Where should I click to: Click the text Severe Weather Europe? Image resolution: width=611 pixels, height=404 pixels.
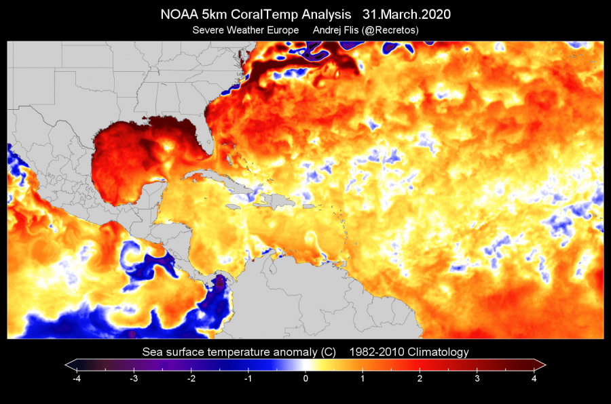pyautogui.click(x=245, y=31)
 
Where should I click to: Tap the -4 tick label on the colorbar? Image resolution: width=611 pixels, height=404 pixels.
pyautogui.click(x=76, y=379)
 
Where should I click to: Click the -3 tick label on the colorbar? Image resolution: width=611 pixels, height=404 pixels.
pyautogui.click(x=133, y=379)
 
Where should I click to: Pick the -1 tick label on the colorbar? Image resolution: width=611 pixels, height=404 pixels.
pyautogui.click(x=248, y=379)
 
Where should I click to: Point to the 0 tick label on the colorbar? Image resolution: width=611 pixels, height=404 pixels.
pyautogui.click(x=305, y=379)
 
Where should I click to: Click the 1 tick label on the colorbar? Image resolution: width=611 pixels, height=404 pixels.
pyautogui.click(x=363, y=379)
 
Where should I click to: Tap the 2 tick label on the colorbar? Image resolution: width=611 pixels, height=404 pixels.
pyautogui.click(x=420, y=379)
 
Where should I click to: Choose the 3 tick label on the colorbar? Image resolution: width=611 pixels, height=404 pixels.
pyautogui.click(x=477, y=379)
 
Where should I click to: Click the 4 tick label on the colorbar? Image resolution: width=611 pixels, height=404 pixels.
pyautogui.click(x=534, y=379)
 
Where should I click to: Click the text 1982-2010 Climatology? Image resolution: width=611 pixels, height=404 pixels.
pyautogui.click(x=409, y=352)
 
